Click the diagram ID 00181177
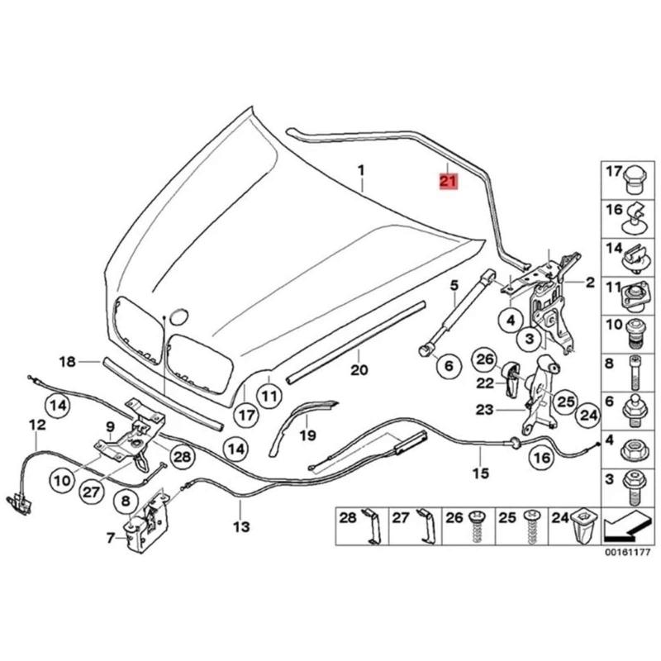click(626, 551)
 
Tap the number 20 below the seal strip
click(358, 369)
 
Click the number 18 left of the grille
click(68, 362)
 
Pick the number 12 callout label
click(36, 425)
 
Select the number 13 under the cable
click(240, 526)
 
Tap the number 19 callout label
click(307, 435)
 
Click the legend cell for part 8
click(625, 369)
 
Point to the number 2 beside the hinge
click(590, 283)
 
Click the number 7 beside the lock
click(111, 538)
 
